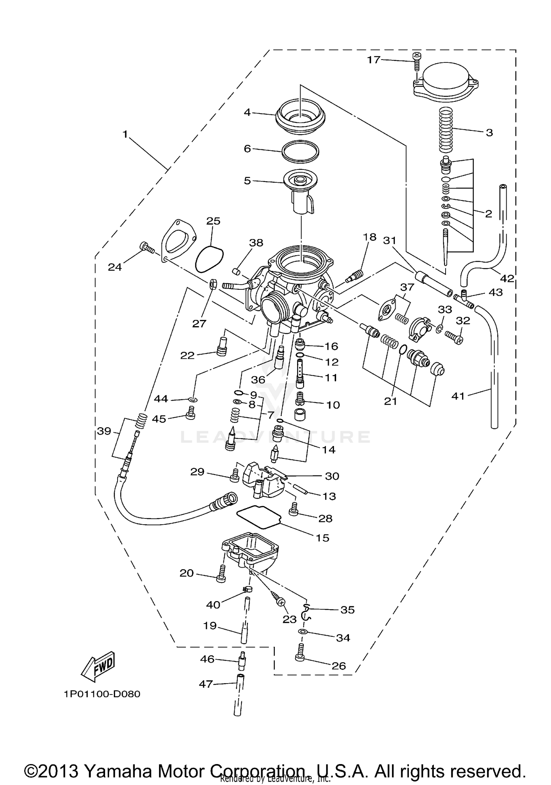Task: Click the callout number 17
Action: pos(374,60)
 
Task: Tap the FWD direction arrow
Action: pos(98,665)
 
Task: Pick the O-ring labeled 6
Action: pos(300,151)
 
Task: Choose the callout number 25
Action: pos(213,221)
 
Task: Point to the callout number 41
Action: pos(458,396)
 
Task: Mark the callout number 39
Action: pos(104,431)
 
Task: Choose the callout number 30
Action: pos(332,476)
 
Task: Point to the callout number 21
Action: pos(390,401)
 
